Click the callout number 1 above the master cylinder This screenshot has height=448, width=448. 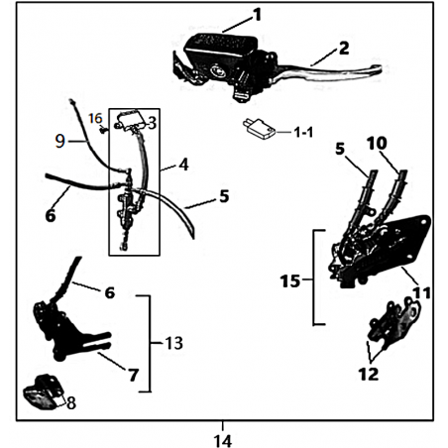(257, 15)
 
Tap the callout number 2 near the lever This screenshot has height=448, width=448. (344, 49)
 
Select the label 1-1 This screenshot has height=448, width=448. (303, 133)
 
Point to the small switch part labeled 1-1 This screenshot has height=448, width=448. (259, 130)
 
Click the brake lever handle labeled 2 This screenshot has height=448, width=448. (330, 70)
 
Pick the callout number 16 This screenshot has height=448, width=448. (96, 119)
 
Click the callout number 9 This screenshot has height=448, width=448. (60, 142)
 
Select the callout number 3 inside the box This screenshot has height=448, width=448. (152, 123)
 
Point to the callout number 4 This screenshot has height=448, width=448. (183, 165)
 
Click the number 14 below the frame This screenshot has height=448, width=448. (223, 441)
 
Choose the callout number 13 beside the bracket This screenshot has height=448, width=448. (173, 343)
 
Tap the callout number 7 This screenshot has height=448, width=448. (134, 375)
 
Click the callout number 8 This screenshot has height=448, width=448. (71, 403)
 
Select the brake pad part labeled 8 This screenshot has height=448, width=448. (43, 392)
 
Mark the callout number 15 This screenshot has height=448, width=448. (290, 281)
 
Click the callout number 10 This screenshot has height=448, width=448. (377, 144)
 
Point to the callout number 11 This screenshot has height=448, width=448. (421, 292)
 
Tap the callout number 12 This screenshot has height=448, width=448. (369, 375)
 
